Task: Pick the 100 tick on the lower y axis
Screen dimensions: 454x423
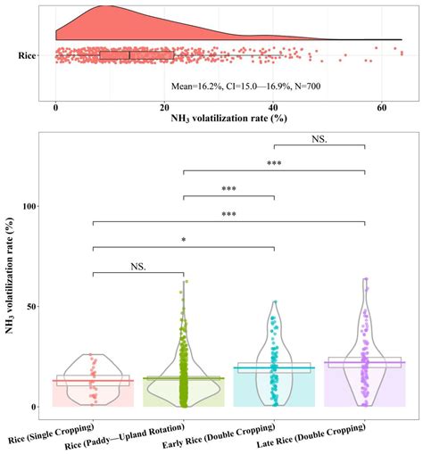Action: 35,206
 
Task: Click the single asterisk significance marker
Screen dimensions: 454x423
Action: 183,240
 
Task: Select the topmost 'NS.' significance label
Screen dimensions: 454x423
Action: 319,139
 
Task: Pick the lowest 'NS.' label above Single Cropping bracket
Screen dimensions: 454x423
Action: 137,266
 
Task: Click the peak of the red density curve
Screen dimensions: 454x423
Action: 107,6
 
